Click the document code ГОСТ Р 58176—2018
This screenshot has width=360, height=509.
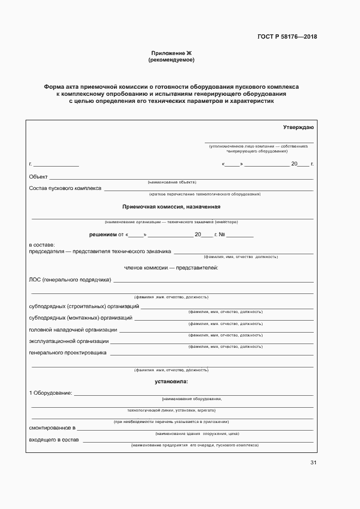(287, 37)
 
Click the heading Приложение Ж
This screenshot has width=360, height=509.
(172, 53)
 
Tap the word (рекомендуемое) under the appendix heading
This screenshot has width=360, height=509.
(172, 60)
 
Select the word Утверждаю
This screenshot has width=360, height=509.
(298, 127)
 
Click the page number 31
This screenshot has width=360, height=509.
(313, 463)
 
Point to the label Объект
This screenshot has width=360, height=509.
(38, 176)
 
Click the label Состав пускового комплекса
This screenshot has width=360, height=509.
(65, 188)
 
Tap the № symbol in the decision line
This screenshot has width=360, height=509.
(221, 235)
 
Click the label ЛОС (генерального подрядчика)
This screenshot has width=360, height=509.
(70, 280)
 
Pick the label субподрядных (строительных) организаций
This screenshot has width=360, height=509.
(84, 306)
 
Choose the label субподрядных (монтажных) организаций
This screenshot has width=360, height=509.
(80, 317)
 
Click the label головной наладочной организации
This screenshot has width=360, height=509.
(72, 329)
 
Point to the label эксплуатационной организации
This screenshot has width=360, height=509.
(69, 341)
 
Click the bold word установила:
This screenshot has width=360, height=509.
(171, 382)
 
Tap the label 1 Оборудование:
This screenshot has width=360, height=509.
(50, 393)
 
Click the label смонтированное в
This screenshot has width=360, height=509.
(52, 428)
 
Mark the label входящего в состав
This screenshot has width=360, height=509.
(54, 439)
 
